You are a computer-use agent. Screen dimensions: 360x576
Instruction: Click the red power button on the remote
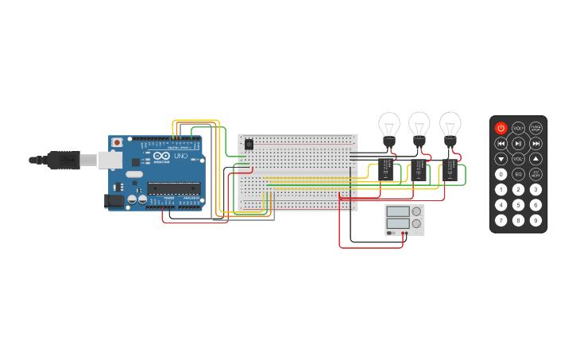click(501, 128)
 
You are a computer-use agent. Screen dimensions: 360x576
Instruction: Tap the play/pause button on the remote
click(518, 143)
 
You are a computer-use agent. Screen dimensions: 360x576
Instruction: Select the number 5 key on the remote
click(518, 204)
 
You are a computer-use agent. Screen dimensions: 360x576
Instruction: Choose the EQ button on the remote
click(518, 174)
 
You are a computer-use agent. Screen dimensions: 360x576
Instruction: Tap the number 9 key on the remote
click(535, 219)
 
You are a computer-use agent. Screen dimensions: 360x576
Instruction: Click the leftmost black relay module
click(386, 169)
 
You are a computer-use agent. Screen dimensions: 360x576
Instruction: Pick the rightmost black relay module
click(450, 170)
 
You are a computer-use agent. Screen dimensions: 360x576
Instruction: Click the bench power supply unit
click(404, 219)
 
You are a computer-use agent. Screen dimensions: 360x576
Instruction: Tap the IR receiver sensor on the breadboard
click(249, 144)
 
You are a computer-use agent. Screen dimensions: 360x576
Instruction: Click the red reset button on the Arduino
click(117, 142)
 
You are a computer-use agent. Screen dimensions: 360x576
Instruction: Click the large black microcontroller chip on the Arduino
click(172, 188)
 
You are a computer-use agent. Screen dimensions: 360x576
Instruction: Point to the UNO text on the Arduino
click(180, 156)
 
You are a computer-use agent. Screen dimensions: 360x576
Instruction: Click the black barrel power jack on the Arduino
click(114, 202)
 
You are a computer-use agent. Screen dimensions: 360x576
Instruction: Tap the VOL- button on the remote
click(518, 159)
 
